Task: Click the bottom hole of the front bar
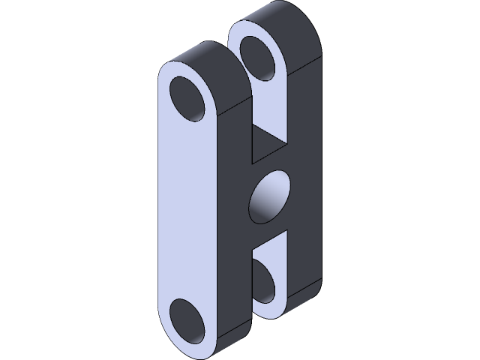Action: click(x=189, y=321)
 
